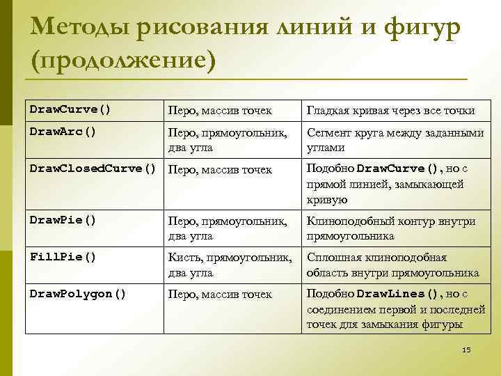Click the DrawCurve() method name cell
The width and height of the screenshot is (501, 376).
[70, 109]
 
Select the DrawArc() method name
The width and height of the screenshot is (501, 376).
[63, 130]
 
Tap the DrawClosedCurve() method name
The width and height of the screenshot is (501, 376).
[93, 169]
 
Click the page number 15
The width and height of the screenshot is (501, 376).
[466, 349]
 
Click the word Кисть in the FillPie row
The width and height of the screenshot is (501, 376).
[184, 258]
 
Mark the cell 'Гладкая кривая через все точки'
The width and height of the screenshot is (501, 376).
[391, 111]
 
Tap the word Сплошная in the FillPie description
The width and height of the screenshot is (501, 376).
[329, 258]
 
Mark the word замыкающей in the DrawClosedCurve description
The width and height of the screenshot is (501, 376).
[431, 185]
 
